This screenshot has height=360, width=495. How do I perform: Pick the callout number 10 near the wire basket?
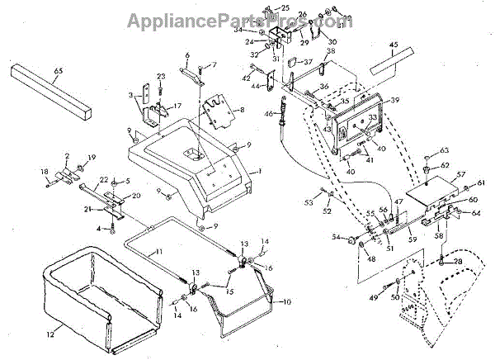(x=288, y=303)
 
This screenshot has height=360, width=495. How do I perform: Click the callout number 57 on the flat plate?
(x=461, y=174)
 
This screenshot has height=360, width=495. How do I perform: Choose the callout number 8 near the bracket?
(x=242, y=108)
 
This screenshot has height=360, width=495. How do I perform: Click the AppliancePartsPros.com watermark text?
(x=247, y=19)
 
